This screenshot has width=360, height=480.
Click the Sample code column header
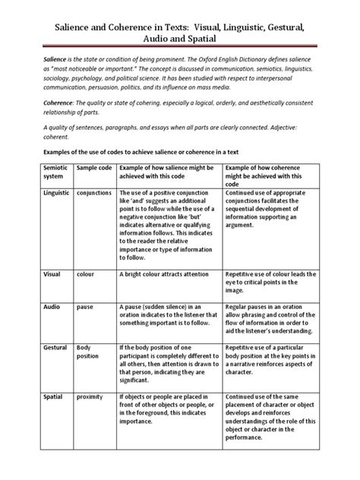point(93,166)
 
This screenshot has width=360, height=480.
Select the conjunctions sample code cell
point(94,193)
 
